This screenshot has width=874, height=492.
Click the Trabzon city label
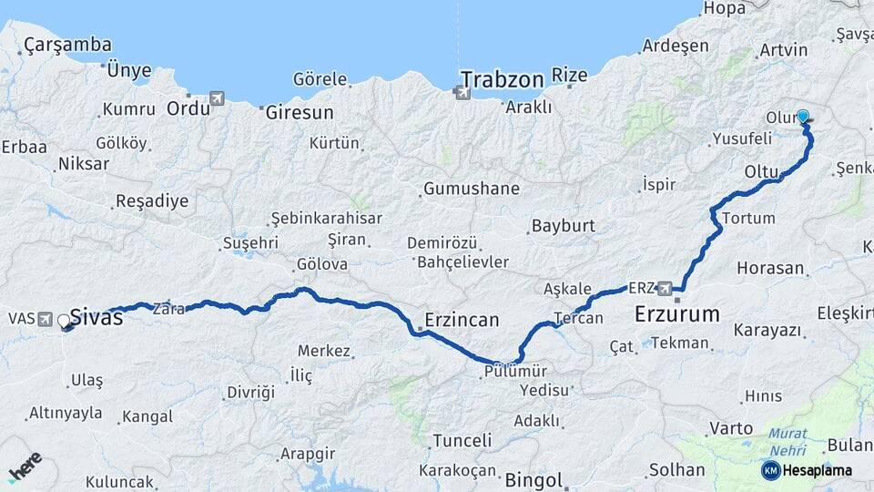point(503,79)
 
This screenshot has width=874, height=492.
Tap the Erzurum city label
point(676,315)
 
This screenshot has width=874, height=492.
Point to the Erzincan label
point(462,320)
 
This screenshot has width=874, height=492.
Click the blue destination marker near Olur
point(803,117)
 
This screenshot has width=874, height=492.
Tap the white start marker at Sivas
point(64,321)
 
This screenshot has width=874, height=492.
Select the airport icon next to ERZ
point(666,288)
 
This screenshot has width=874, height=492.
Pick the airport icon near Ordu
point(216,98)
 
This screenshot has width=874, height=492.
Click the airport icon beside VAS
point(46,318)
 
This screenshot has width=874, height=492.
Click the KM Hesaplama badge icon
point(770,470)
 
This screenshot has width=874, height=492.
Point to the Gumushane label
point(471,190)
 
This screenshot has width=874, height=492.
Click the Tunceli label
point(462,441)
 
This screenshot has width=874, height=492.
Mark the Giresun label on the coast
point(299,113)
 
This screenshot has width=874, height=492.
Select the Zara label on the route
point(169,308)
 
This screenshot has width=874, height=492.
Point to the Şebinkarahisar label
point(327,219)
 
